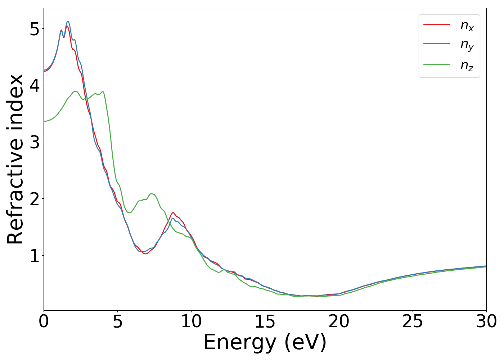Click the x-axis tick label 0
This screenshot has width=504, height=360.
(44, 321)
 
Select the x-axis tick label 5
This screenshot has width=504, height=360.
(117, 321)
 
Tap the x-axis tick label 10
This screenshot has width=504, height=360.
(191, 321)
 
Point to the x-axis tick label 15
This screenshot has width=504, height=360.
(265, 321)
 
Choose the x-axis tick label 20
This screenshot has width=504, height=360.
(339, 321)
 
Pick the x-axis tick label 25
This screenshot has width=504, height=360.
(413, 321)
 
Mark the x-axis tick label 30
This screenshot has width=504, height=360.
(486, 321)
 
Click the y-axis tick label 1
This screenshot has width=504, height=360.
(34, 256)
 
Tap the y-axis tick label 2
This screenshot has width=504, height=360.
(34, 199)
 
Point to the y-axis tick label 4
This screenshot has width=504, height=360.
(34, 85)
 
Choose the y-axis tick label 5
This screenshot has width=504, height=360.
(34, 29)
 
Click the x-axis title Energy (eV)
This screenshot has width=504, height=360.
(265, 342)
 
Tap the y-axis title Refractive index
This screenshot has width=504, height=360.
(15, 159)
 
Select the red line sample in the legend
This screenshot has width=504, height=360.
(437, 24)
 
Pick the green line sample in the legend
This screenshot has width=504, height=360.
(437, 65)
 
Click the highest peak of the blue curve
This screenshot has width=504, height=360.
(68, 22)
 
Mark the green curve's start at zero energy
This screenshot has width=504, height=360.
(44, 121)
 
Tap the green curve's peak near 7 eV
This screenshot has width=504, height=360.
(152, 194)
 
